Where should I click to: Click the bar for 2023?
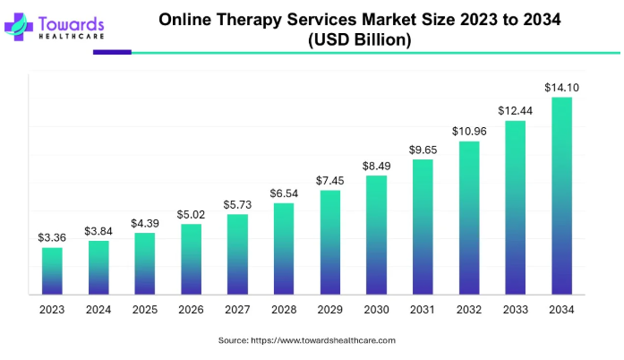[x=52, y=270]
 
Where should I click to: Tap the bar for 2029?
[x=329, y=242]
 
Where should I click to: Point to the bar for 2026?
[x=191, y=259]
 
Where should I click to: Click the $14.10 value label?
[x=560, y=88]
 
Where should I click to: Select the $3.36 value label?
[x=52, y=238]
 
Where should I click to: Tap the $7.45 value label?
[x=329, y=181]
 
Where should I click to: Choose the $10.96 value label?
[x=468, y=132]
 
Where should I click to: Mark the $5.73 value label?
[x=237, y=205]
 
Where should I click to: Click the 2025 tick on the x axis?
[x=144, y=309]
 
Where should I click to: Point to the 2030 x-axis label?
[x=376, y=309]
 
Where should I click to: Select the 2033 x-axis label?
[x=515, y=309]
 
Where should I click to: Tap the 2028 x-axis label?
[x=283, y=309]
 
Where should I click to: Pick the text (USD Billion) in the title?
[x=359, y=40]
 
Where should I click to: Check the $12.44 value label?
[x=515, y=110]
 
